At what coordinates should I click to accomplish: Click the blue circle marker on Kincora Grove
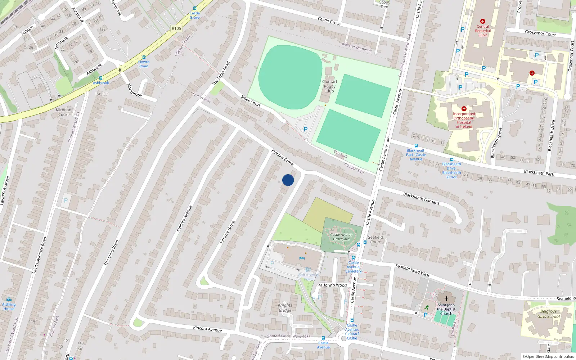point(288,180)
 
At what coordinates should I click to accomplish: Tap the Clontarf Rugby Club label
point(329,86)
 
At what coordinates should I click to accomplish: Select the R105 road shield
point(176,28)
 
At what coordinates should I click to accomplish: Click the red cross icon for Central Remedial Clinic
point(483,21)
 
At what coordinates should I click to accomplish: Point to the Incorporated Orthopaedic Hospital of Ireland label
point(464,120)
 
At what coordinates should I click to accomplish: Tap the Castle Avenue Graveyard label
point(341,237)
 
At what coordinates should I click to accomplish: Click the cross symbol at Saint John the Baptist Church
point(446,299)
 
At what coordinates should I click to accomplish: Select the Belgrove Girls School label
point(548,314)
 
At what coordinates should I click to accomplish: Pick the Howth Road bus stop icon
point(144,57)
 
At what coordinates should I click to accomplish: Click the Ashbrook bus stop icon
point(101,78)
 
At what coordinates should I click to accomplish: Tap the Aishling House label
point(9,306)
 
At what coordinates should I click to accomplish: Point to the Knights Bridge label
point(285,308)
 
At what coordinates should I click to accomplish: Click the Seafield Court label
point(375,240)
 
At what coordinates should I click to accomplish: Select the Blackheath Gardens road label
point(421,199)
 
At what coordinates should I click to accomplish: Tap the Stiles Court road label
point(251,101)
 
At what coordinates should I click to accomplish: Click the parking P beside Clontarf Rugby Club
point(306,129)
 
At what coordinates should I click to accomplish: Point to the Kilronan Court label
point(64,112)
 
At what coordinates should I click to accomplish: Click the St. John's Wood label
point(333,285)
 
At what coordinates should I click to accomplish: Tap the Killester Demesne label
point(357,47)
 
